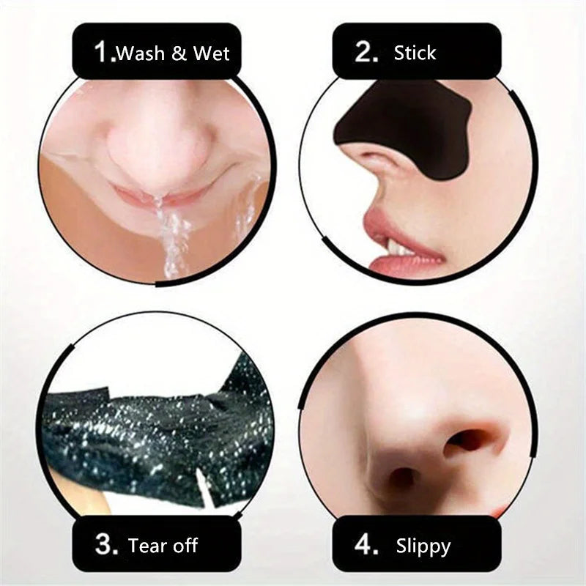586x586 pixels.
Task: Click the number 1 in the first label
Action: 104,53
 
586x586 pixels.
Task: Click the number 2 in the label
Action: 364,52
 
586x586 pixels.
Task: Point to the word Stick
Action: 415,53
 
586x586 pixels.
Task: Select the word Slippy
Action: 423,546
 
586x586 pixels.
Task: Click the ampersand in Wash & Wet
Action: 180,53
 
